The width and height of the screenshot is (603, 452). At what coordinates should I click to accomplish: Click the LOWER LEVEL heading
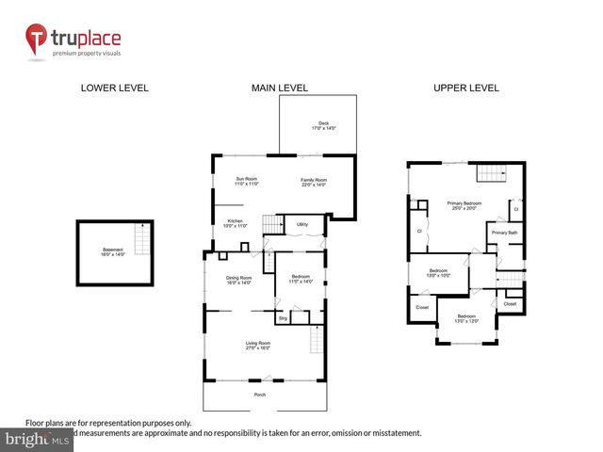[x=114, y=88]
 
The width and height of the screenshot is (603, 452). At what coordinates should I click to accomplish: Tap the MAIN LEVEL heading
[x=280, y=88]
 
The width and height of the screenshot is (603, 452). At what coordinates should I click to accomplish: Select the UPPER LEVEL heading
[x=465, y=88]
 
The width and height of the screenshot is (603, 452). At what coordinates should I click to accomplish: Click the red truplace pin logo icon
[x=37, y=39]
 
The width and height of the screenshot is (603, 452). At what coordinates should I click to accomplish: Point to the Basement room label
[x=112, y=251]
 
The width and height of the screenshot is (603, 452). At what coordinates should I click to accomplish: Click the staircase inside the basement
[x=141, y=242]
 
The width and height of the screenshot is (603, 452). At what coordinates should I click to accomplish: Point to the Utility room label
[x=302, y=225]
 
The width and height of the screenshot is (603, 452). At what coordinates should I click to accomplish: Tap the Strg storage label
[x=282, y=317]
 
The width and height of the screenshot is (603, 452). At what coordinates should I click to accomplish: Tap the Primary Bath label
[x=504, y=233]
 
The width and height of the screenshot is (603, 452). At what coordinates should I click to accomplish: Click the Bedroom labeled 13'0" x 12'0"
[x=467, y=318]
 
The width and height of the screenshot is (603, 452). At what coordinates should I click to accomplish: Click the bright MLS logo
[x=37, y=440]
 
